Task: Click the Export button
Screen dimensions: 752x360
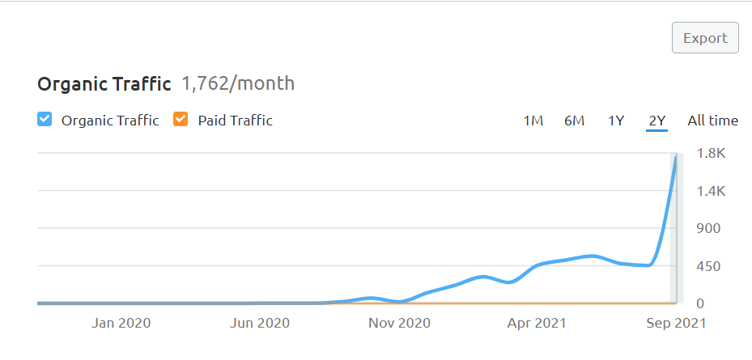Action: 705,37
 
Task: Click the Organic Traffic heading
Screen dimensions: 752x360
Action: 104,84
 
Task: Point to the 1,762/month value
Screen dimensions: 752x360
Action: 238,83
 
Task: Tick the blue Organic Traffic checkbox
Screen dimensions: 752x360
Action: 45,119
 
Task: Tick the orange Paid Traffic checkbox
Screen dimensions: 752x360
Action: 181,119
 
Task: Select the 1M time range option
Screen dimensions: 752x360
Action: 533,121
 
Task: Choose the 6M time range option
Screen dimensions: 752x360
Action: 574,121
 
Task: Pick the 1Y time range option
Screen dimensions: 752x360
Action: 616,121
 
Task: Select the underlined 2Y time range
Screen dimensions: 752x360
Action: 657,121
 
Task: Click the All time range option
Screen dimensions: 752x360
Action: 712,121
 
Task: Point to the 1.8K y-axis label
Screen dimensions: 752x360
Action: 712,154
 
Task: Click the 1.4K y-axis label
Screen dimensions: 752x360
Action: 712,191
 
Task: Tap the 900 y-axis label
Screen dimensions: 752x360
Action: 708,228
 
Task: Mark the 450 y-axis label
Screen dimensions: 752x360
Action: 708,266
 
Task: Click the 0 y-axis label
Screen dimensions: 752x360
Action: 701,303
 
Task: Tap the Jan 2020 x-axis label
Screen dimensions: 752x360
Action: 121,323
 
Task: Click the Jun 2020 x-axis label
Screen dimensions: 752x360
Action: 260,323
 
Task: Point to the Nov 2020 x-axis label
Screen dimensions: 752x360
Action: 399,323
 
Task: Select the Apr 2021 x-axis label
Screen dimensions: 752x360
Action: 537,324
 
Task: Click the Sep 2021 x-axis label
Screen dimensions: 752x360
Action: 676,324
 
